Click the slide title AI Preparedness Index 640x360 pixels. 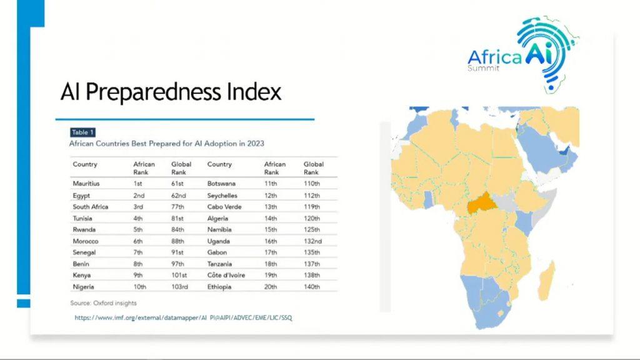pos(171,92)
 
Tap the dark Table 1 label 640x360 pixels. pos(82,132)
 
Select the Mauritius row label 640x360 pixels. pos(86,184)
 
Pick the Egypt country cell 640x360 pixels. pos(81,196)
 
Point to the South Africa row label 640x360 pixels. pos(90,207)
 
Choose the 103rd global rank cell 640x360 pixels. pos(180,287)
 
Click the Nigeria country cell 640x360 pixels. pos(83,287)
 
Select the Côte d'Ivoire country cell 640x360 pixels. pos(226,275)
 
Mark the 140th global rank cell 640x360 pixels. pos(312,287)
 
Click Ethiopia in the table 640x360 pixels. pos(219,287)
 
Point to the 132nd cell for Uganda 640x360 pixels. pos(312,241)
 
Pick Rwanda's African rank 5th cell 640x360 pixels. pos(139,229)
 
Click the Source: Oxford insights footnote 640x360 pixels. pos(103,303)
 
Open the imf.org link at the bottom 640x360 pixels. pos(183,317)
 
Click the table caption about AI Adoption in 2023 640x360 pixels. pos(166,144)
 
